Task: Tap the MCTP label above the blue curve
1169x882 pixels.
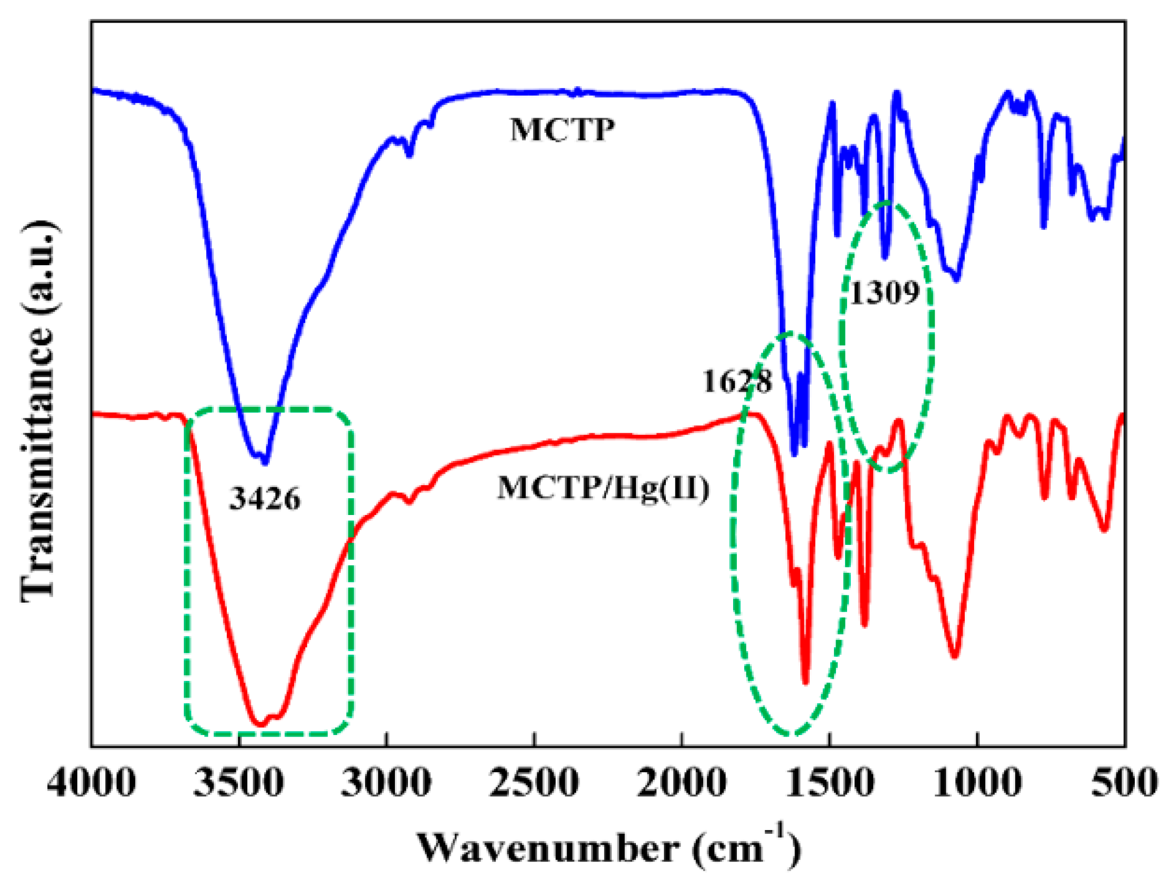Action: [562, 130]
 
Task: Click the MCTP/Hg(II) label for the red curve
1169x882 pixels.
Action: [603, 488]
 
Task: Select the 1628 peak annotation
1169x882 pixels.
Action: [737, 381]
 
